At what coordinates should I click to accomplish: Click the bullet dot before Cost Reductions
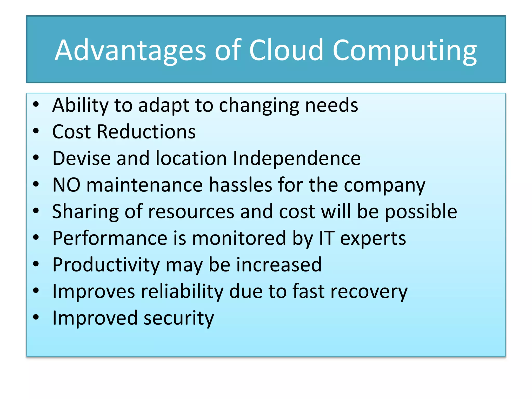coord(36,131)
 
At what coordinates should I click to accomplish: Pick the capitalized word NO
coord(66,185)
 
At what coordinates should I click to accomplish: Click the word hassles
coord(240,185)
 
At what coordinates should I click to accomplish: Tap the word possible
coord(421,212)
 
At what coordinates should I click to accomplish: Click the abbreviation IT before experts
coord(326,238)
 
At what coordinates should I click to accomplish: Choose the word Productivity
coord(106,265)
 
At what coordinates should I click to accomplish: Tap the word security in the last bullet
coord(179,318)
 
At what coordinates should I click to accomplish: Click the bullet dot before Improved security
coord(36,317)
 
